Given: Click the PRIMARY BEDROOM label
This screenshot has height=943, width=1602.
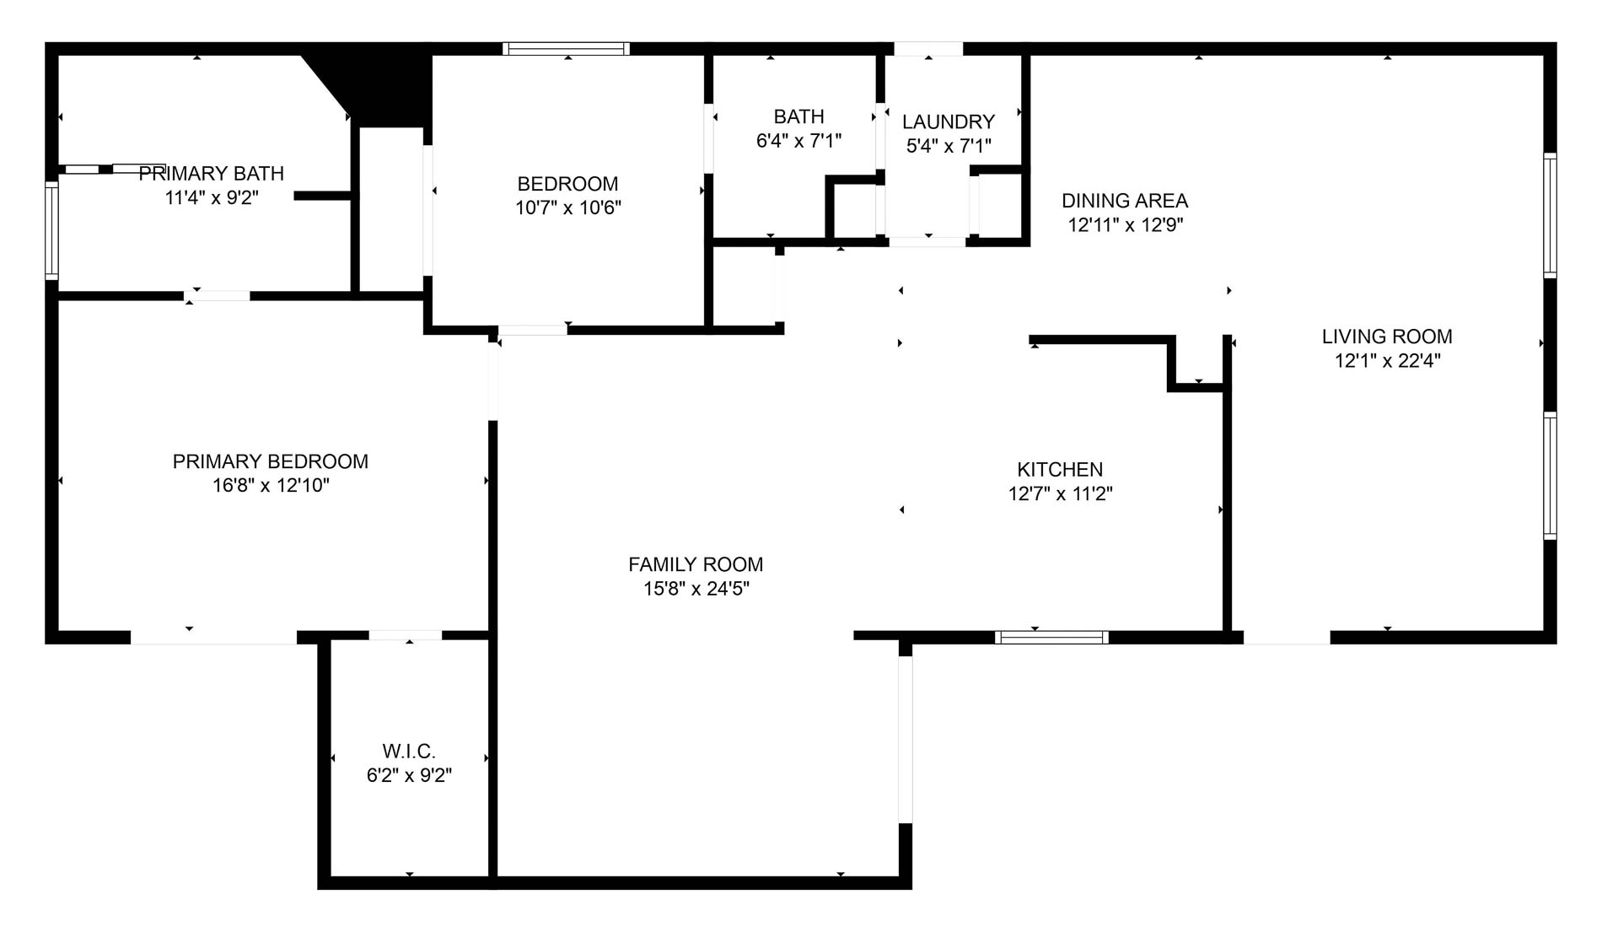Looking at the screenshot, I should (270, 461).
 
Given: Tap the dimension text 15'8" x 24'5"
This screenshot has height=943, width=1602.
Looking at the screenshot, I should (696, 589).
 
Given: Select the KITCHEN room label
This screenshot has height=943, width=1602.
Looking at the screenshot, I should (1059, 469).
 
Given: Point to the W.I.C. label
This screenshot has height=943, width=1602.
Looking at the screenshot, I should (409, 751).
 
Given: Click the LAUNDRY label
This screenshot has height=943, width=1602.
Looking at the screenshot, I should (948, 121).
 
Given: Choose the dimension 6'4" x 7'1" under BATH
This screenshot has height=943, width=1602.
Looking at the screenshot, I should (798, 141).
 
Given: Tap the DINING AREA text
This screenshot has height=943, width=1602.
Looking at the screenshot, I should (1124, 201).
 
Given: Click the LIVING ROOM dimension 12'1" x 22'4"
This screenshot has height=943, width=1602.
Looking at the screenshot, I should (1386, 361).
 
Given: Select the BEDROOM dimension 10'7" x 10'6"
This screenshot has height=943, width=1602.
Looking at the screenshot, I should (567, 207).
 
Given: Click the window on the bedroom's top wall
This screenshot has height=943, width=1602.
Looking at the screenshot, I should (567, 49).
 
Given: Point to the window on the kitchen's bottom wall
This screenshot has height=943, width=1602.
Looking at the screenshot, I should (1051, 638).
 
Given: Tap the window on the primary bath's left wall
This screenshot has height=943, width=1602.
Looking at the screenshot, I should (51, 230).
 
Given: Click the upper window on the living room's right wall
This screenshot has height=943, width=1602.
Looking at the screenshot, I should (1549, 215).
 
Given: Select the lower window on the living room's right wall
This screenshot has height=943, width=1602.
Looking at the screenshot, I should (1549, 475).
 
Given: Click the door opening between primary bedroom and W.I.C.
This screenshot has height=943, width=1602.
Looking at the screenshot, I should (405, 635).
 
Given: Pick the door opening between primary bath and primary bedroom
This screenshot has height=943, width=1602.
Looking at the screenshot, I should (217, 296).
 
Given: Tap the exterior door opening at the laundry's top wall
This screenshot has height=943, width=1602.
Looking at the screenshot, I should (927, 49).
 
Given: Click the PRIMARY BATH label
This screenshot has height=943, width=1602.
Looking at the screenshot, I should (211, 174).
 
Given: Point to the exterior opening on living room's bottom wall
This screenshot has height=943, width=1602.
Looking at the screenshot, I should (1287, 638).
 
